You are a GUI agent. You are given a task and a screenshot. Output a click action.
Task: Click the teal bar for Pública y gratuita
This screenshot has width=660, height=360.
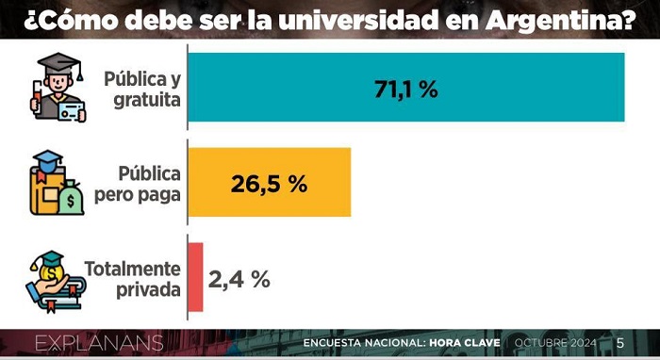point(406,88)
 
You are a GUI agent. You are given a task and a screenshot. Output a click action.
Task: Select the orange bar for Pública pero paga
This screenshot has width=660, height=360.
point(270,182)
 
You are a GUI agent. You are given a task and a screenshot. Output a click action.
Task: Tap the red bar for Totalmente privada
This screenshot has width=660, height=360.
point(195,277)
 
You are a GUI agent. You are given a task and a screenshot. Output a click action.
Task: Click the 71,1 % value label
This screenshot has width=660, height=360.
point(406,90)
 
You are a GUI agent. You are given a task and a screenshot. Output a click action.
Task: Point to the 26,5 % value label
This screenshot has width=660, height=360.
point(269,184)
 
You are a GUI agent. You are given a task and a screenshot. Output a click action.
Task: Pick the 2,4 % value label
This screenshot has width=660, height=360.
point(239,279)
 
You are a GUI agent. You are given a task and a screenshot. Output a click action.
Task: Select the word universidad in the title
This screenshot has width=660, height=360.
point(357,20)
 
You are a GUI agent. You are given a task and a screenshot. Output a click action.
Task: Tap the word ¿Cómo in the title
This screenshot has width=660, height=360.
point(71,20)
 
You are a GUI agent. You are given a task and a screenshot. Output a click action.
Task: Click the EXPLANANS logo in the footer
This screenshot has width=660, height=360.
point(99,343)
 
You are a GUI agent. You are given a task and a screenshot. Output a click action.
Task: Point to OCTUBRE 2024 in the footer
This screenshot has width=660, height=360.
point(555,343)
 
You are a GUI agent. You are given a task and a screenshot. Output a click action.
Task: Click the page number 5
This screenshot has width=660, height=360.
point(620,343)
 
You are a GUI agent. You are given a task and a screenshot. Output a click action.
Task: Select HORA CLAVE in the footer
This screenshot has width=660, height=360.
point(465,343)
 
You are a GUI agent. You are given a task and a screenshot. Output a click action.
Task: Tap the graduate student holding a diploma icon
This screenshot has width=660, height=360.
point(58,88)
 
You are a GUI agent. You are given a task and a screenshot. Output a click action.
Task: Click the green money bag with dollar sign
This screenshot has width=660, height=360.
point(71,198)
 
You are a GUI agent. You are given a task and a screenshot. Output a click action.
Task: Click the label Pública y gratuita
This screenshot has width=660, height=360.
point(142,90)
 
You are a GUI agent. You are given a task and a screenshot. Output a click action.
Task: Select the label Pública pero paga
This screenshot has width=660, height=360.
point(138,184)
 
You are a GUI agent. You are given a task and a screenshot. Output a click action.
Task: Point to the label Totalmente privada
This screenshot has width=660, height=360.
point(133,279)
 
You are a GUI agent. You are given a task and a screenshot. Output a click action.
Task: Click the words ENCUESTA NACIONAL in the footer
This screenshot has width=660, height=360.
point(364,343)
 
